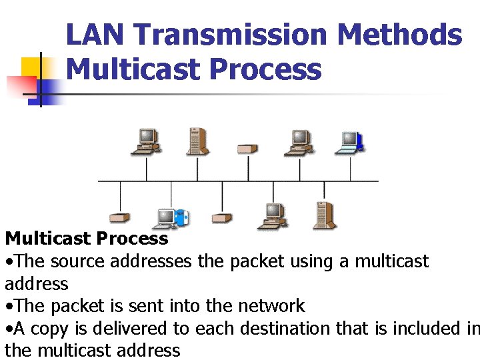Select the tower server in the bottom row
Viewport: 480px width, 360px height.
[x=324, y=214]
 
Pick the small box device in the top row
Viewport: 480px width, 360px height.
[x=247, y=148]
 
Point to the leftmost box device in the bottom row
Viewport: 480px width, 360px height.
[x=120, y=218]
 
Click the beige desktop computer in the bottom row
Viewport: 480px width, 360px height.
[x=273, y=215]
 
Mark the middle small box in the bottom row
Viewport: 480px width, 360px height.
[x=221, y=218]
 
